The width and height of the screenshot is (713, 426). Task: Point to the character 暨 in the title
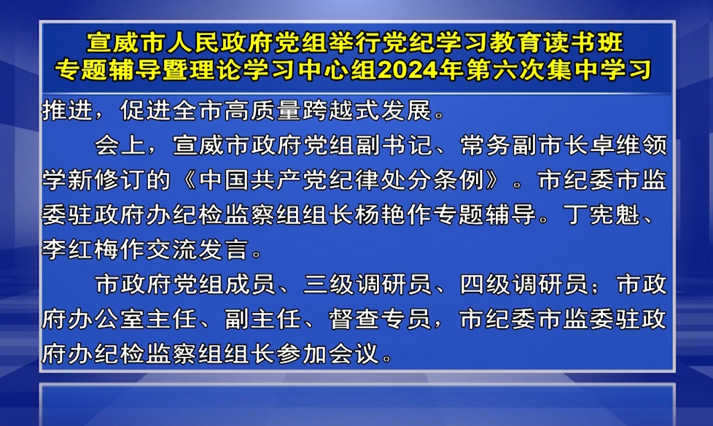[175, 69]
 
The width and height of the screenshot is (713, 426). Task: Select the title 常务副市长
[524, 146]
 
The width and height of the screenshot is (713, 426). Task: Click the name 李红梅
[80, 249]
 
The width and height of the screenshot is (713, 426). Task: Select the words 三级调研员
[367, 284]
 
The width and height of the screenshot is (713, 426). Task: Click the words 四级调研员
[523, 284]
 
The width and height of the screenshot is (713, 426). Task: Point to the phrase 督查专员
[380, 319]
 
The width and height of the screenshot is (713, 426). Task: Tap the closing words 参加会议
[328, 353]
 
